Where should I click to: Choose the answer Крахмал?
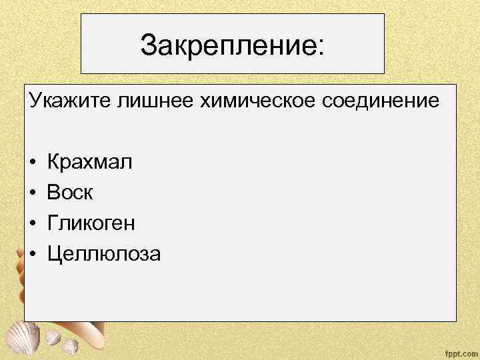pos(90,161)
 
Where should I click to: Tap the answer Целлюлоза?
pos(103,254)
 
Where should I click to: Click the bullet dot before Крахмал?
pos(32,162)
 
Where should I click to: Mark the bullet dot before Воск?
pos(32,193)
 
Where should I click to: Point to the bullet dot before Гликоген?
pos(32,223)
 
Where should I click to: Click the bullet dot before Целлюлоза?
pos(32,255)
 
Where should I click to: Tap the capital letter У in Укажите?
pos(35,102)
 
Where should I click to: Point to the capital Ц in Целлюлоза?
pos(53,254)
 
